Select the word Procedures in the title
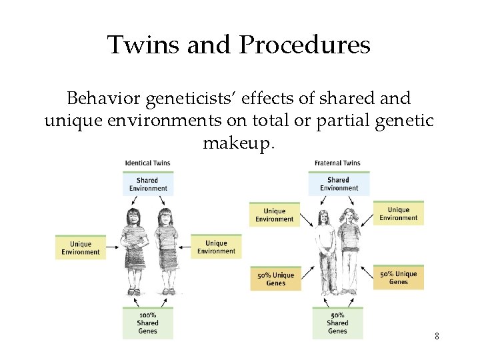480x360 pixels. click(305, 45)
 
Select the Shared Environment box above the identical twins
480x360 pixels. click(147, 183)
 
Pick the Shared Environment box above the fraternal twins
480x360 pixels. click(339, 183)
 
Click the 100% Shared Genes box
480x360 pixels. click(147, 323)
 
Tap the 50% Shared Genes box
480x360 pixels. click(337, 323)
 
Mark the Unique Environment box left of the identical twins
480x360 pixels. click(81, 247)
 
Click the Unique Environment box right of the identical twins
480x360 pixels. click(216, 247)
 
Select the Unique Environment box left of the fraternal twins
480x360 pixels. click(274, 215)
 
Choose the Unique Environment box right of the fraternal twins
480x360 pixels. click(398, 213)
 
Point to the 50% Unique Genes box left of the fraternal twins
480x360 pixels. click(275, 279)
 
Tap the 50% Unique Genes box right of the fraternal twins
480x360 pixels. click(398, 277)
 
